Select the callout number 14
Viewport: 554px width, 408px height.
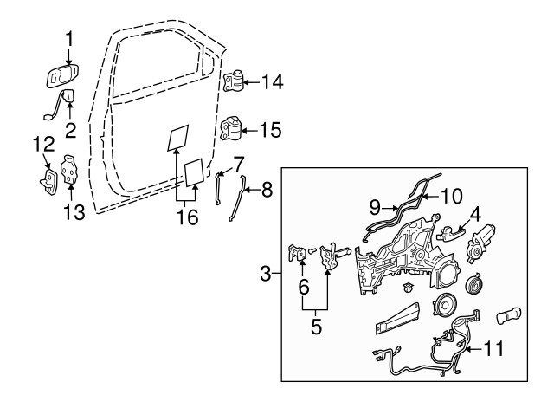(x=272, y=82)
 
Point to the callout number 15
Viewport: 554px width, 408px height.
(x=272, y=131)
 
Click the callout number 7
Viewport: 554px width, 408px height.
(x=238, y=161)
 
